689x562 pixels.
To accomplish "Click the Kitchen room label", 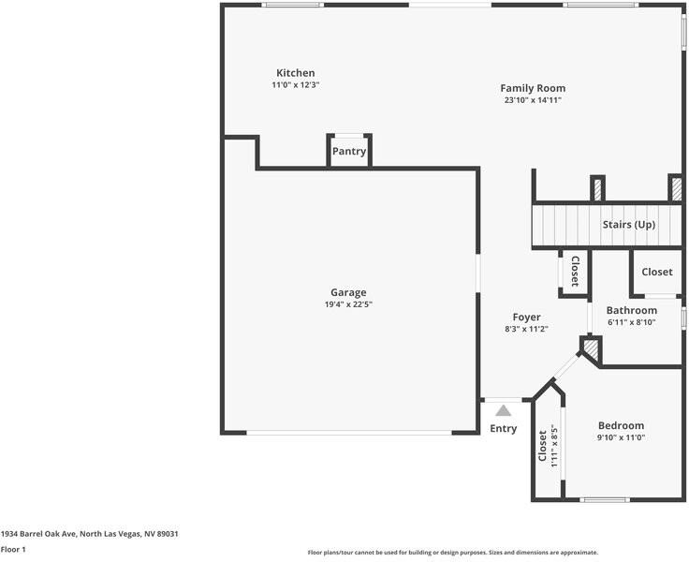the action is pos(295,73).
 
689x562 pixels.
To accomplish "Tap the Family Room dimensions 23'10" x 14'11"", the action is pos(533,100).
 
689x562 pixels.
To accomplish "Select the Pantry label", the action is pos(349,152).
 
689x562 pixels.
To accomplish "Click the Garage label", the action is pos(348,292).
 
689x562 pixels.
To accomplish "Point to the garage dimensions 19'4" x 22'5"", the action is pos(348,304).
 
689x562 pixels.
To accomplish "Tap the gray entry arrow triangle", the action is pos(503,410).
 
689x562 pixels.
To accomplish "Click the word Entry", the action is pos(503,429).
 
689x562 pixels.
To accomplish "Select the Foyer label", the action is pos(526,317).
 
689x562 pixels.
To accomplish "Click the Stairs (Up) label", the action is pos(629,225).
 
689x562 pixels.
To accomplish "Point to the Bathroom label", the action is pos(632,310).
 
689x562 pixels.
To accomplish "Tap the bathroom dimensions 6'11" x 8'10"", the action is pos(632,322).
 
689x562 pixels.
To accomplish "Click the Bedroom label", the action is pos(621,425).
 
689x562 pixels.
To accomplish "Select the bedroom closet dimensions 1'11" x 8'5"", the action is pos(554,448).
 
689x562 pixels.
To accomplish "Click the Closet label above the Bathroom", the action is pos(657,272).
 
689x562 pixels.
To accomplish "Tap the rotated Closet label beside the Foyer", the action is pos(575,272).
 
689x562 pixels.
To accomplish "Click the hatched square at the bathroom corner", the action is pos(591,348).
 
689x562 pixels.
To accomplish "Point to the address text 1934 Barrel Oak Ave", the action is pos(39,534).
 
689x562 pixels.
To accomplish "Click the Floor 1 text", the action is pos(13,549).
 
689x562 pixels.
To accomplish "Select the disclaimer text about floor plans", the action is pos(452,553).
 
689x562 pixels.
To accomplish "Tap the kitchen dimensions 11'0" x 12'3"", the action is pos(295,85).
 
